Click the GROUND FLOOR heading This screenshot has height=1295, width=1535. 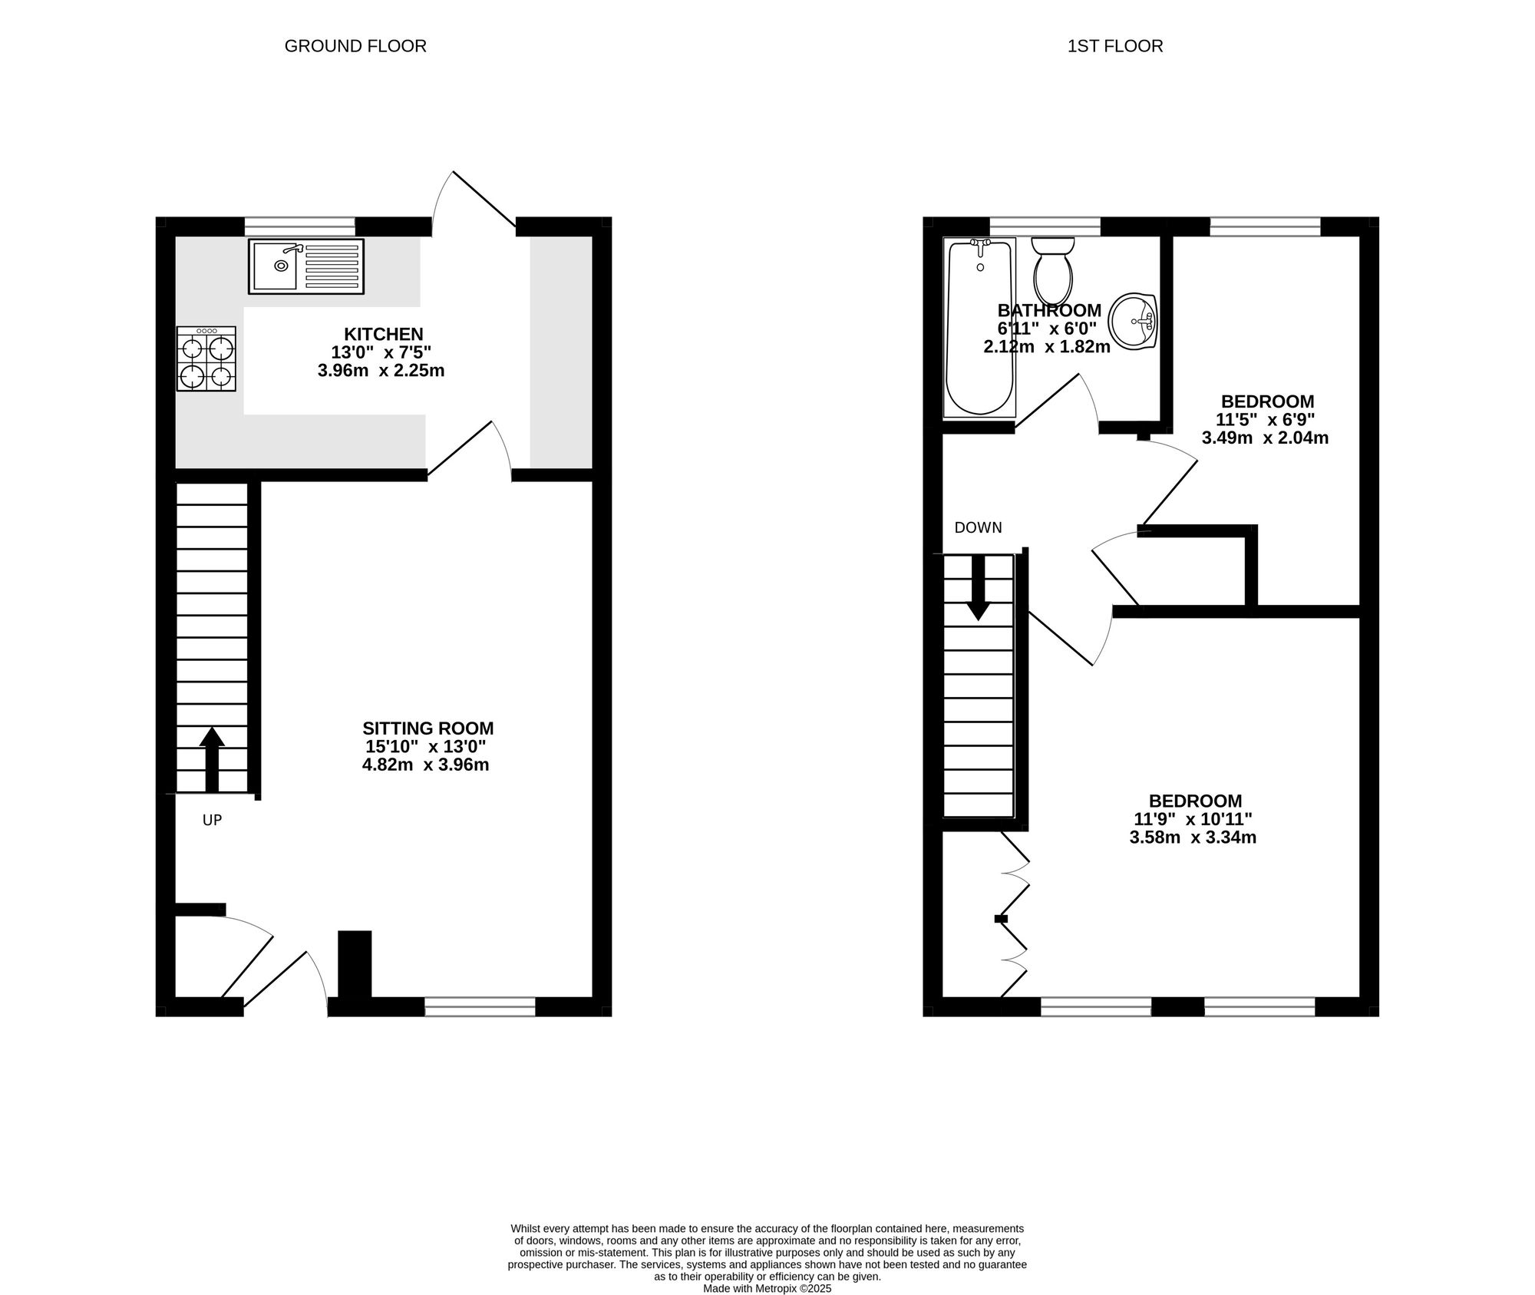click(355, 46)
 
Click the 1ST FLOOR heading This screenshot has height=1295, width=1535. click(1115, 46)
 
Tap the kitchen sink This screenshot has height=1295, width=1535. click(306, 266)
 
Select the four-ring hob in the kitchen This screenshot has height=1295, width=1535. click(206, 359)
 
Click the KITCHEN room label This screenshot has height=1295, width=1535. click(384, 334)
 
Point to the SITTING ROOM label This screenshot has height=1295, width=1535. click(428, 728)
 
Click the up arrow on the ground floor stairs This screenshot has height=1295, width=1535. click(212, 759)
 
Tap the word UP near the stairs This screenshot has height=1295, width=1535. click(212, 821)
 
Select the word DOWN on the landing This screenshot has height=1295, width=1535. click(978, 527)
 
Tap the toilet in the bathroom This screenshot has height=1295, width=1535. click(1053, 270)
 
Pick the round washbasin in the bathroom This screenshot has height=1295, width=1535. click(1134, 322)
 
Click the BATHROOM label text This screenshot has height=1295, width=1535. click(1049, 310)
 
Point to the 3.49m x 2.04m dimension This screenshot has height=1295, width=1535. click(1265, 438)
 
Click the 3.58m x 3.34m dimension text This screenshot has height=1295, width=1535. click(1193, 837)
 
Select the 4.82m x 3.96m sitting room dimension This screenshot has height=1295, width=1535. click(426, 765)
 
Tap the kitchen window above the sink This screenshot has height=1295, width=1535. click(300, 226)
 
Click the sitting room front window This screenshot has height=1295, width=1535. click(480, 1006)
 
